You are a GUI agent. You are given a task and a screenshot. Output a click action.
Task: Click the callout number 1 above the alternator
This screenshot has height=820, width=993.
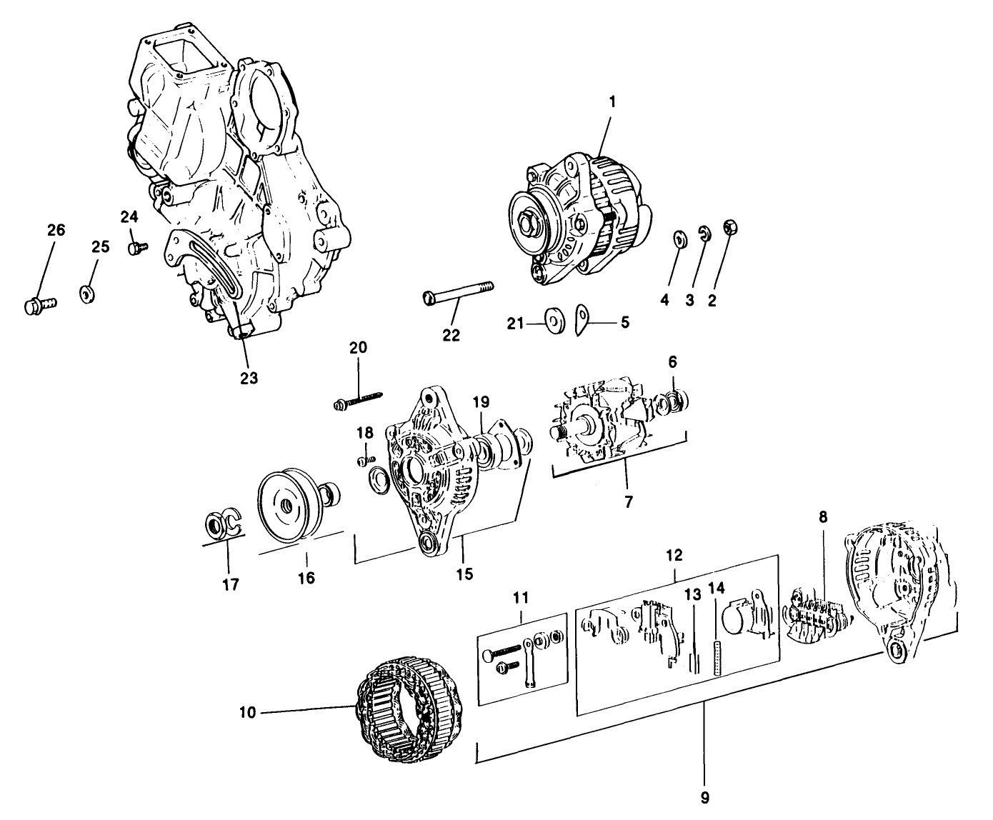[612, 102]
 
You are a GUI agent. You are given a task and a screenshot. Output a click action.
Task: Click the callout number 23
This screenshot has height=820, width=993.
[248, 378]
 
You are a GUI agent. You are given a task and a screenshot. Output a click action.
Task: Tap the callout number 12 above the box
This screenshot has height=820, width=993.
[674, 554]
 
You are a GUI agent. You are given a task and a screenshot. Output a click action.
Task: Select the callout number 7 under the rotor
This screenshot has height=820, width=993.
[628, 501]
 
